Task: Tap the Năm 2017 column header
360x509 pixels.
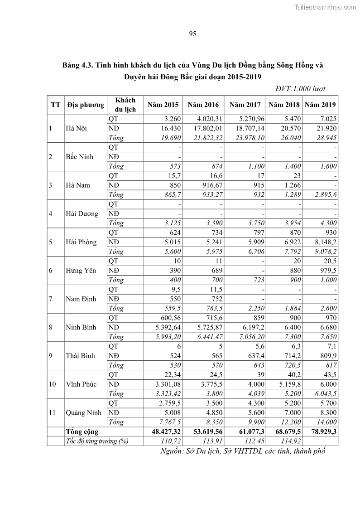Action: (245, 105)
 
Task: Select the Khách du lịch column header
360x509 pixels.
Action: (125, 105)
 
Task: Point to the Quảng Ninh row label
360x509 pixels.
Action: (83, 412)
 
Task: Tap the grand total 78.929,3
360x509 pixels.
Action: (320, 432)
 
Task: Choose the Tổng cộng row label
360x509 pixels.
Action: (82, 432)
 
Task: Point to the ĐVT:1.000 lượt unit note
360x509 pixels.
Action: (301, 89)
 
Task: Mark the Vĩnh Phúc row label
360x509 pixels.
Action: (81, 384)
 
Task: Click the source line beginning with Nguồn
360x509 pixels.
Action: (243, 451)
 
